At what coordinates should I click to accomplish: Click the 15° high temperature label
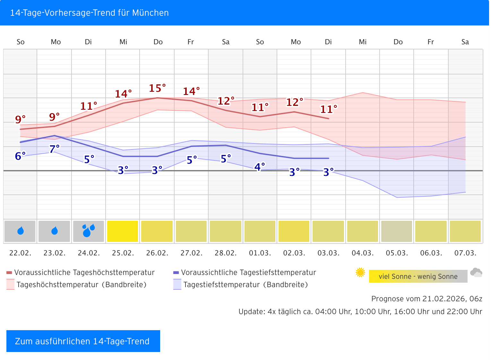coord(157,88)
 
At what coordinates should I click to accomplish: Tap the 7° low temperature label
coord(55,149)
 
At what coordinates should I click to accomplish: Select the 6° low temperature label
coord(20,156)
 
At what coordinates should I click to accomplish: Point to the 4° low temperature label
coord(260,167)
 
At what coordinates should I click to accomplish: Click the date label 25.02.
coord(123,253)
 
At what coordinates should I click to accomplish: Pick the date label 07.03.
coord(465,253)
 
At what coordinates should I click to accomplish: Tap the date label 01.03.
coord(260,253)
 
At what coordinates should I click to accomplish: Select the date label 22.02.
coord(20,253)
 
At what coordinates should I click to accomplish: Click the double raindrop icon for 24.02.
coord(89,231)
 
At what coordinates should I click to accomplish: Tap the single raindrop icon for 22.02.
coord(21,231)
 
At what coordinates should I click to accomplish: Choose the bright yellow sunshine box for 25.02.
coord(123,231)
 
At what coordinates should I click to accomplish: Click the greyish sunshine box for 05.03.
coord(397,231)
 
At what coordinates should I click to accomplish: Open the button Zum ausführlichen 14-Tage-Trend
coord(83,341)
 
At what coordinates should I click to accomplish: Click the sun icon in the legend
coord(360,272)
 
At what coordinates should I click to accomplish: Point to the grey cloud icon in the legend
coord(476,273)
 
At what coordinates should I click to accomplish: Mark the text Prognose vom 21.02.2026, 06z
coord(426,299)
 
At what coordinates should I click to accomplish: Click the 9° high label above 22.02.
coord(20,119)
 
